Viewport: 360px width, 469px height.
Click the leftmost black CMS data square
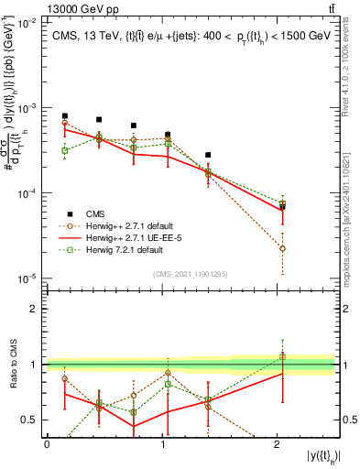(64, 116)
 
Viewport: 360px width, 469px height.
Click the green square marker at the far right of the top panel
(282, 204)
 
